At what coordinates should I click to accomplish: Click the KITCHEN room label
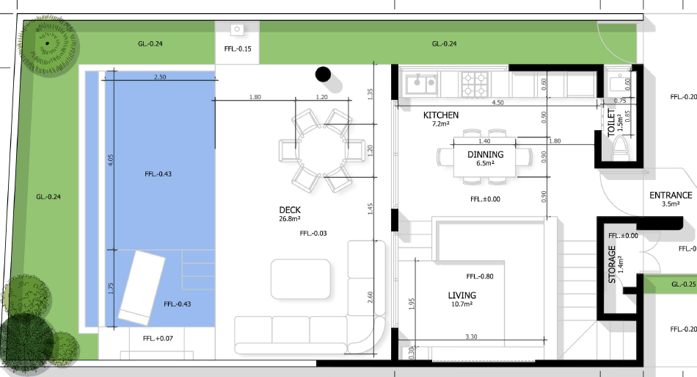point(440,115)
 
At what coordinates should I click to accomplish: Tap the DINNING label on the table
point(486,154)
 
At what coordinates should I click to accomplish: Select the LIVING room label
point(461,295)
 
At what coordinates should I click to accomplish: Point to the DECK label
point(290,209)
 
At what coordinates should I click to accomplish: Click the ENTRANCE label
point(671,195)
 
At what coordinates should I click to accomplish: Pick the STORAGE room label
point(612,265)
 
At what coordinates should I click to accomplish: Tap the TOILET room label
point(611,123)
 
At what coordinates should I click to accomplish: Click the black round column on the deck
point(323,74)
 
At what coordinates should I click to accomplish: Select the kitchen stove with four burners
point(475,85)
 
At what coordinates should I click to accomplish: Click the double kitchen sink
point(421,82)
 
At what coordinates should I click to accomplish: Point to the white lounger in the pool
point(142,287)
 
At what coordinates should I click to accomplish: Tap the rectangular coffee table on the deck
point(301,279)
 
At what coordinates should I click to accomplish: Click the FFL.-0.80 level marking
point(480,276)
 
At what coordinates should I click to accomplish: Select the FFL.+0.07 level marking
point(158,338)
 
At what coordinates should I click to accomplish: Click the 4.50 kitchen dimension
point(497,102)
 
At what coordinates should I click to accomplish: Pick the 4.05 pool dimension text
point(111,160)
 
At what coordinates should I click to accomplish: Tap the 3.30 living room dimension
point(471,337)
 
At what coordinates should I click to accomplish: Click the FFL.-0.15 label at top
point(238,49)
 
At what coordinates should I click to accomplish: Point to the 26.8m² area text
point(290,218)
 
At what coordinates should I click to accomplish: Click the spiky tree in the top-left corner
point(48,43)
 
